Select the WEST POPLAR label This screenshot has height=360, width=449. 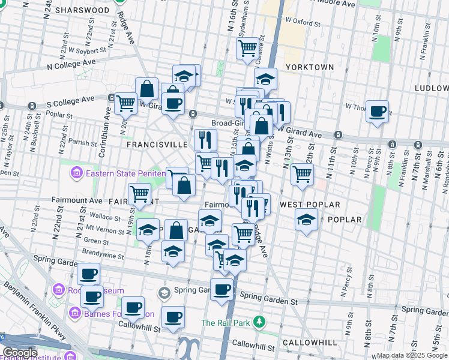[x=310, y=205]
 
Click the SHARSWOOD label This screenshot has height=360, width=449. [x=82, y=10]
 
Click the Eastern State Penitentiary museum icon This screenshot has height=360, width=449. [x=76, y=175]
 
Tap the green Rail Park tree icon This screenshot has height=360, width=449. [x=259, y=322]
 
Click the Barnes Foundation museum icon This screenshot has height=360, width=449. [x=74, y=313]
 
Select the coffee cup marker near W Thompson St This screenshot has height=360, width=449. [x=378, y=111]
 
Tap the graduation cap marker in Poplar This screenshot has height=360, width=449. [x=306, y=220]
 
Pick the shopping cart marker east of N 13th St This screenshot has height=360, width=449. [x=302, y=174]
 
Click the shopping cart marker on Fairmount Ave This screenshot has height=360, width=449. [x=140, y=194]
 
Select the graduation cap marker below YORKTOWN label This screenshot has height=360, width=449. [x=265, y=79]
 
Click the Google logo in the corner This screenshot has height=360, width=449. [x=20, y=353]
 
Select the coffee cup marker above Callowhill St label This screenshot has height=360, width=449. [x=173, y=316]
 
